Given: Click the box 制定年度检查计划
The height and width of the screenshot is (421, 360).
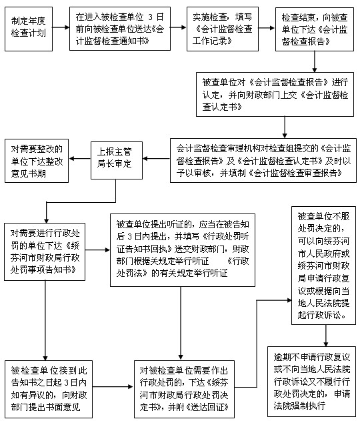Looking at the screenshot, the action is pos(29,29).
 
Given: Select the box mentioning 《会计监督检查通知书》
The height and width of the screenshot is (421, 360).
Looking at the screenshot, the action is pos(120,29).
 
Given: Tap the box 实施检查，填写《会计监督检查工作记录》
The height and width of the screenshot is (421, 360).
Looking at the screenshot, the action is pos(223,29).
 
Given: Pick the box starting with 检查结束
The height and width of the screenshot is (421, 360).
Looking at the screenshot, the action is pos(315,29).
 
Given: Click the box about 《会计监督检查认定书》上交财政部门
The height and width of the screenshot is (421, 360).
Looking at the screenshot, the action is pos(275,94).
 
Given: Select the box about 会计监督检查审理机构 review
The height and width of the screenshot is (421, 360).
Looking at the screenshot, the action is pos(263,160).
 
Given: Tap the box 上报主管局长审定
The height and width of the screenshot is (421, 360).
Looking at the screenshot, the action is pos(117,160).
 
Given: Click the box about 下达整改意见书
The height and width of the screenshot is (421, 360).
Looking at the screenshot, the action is pos(37,161).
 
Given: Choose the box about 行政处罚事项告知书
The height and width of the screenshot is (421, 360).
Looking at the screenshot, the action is pos(45,252).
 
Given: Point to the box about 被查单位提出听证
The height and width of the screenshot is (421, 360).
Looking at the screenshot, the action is pos(183,250).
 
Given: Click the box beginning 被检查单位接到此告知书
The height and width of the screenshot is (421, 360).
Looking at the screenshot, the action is pos(49,389).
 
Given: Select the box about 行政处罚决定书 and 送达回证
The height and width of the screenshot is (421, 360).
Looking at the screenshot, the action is pos(184,389).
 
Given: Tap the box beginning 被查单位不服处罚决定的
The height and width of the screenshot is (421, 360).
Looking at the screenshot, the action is pos(323,266).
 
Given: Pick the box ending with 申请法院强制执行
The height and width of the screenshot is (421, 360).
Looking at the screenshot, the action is pos(312,381).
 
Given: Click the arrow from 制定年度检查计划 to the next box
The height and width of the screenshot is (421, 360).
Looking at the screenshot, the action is pos(61,27).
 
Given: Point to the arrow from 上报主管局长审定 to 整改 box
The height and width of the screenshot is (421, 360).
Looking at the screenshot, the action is pos(80,158).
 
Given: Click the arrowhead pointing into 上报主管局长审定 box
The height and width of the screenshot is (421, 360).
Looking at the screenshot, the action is pos(145,158).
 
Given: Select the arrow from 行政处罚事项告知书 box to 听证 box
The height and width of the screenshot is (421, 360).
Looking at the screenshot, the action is pos(97,250).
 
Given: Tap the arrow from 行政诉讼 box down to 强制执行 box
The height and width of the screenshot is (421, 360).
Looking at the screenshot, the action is pos(326,336).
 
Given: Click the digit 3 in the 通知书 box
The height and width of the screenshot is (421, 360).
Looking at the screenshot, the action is pos(150,17).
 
